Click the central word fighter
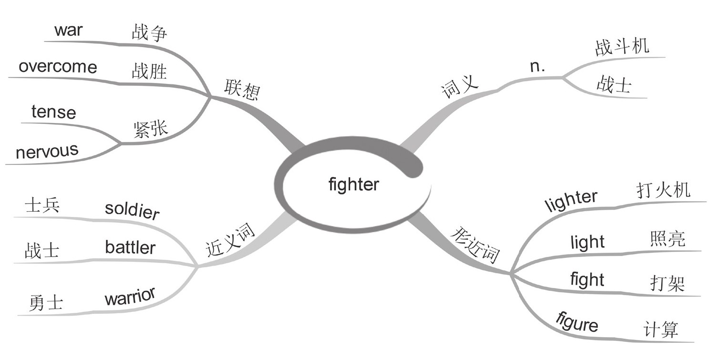[x=354, y=184]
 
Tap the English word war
[x=68, y=30]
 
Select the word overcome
[x=58, y=67]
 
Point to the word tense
[x=53, y=113]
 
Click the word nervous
[x=47, y=152]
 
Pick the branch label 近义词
[x=230, y=241]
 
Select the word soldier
[x=132, y=210]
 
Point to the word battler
[x=130, y=248]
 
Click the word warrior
[x=130, y=298]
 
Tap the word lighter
[x=570, y=200]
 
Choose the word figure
[x=577, y=323]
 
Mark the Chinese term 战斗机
[x=622, y=47]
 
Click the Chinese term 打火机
[x=663, y=191]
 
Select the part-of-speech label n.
[x=538, y=67]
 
